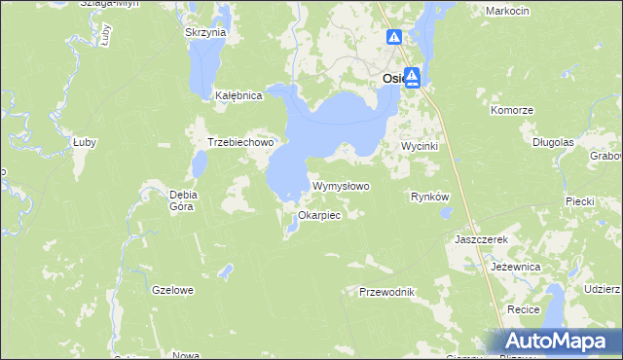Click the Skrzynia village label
tap(205, 32)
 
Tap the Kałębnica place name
tap(238, 96)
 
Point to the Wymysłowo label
tap(341, 186)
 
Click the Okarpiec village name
tap(319, 215)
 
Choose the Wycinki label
tap(422, 146)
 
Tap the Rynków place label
tap(429, 197)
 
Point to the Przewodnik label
tap(387, 292)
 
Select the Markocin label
tap(505, 10)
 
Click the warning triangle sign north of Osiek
tap(394, 38)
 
